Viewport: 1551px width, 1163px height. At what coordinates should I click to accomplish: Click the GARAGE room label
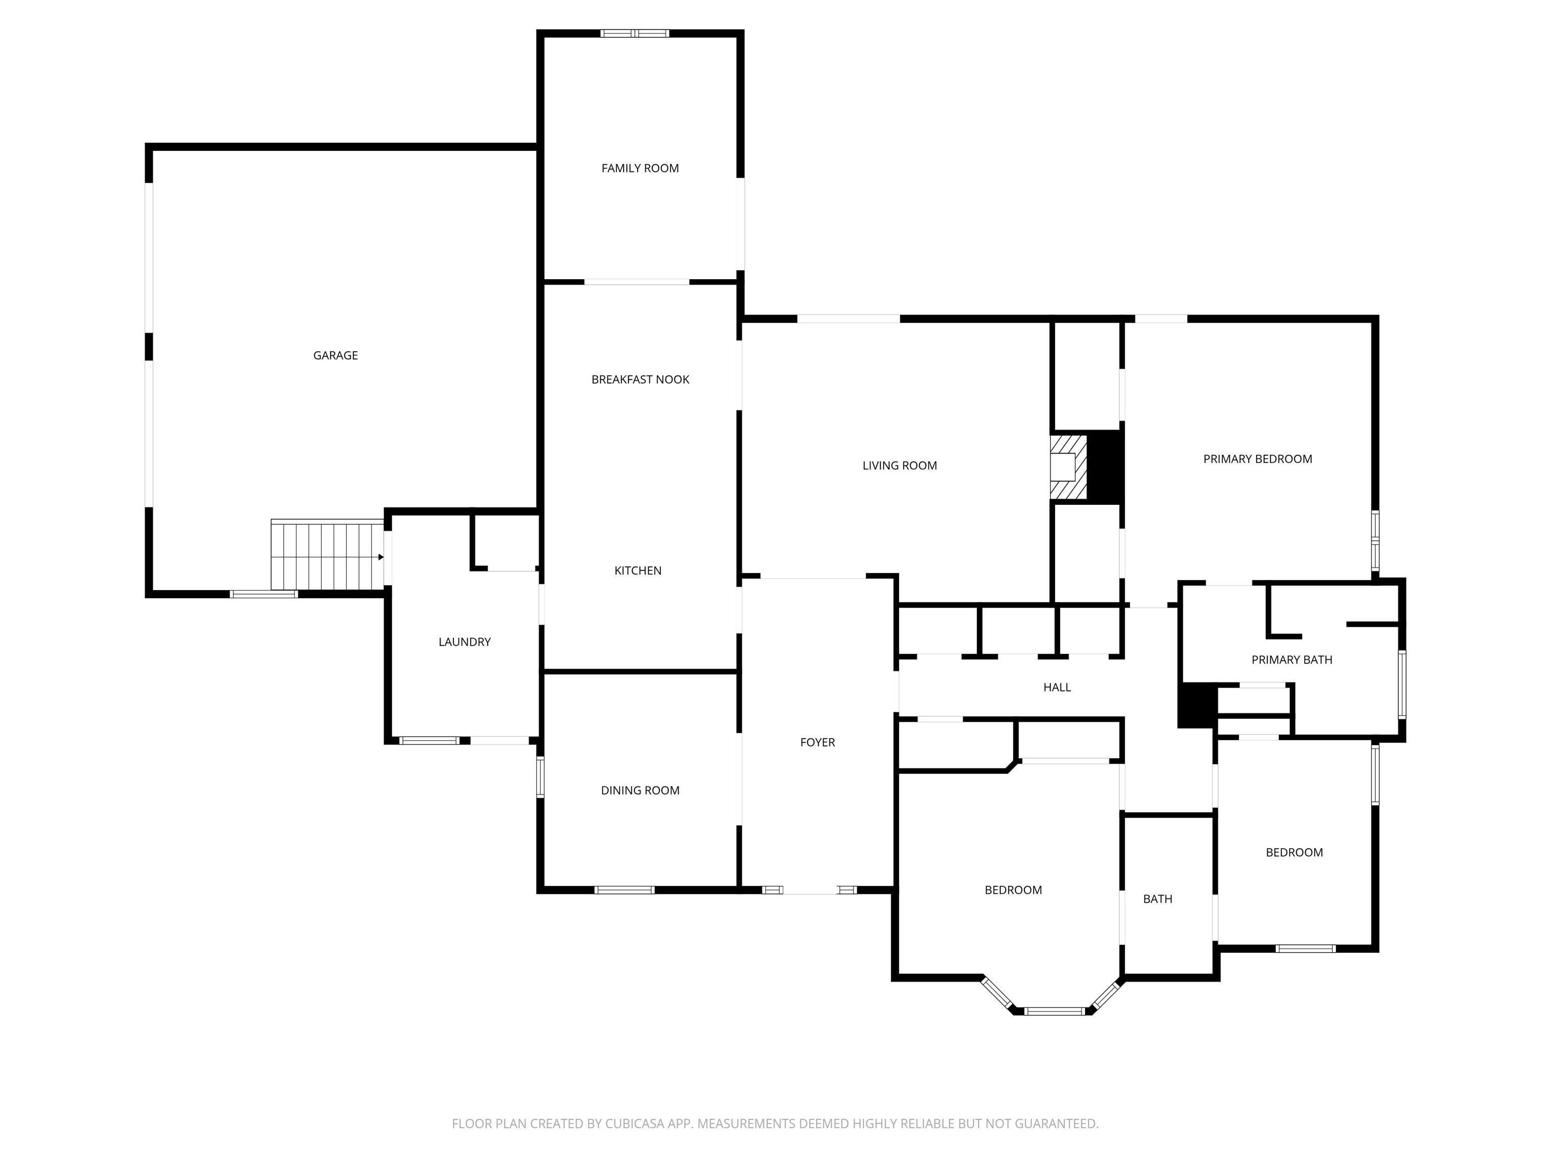pos(335,355)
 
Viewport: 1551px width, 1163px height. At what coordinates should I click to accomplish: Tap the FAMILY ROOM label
pos(640,168)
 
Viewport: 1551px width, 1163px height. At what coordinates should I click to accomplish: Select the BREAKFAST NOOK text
pos(640,379)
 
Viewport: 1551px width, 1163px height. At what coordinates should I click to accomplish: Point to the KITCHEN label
pos(638,570)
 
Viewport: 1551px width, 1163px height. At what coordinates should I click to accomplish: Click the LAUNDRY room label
pos(464,642)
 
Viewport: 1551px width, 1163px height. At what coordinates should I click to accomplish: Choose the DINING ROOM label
pos(640,790)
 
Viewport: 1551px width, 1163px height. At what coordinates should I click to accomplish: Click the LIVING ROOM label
pos(900,465)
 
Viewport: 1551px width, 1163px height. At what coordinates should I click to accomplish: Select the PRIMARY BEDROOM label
pos(1257,459)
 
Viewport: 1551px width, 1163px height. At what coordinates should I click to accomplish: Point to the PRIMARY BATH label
pos(1291,660)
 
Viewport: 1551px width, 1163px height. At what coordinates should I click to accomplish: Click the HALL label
pos(1057,687)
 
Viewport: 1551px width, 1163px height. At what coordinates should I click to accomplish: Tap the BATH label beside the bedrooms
pos(1158,898)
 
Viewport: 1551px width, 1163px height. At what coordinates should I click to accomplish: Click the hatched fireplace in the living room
pos(1068,467)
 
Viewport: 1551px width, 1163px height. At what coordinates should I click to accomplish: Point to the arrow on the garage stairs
pos(381,557)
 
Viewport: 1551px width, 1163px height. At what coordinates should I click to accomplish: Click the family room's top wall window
pos(635,33)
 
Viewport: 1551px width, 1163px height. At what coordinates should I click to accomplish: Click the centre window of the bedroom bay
pos(1055,1011)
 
